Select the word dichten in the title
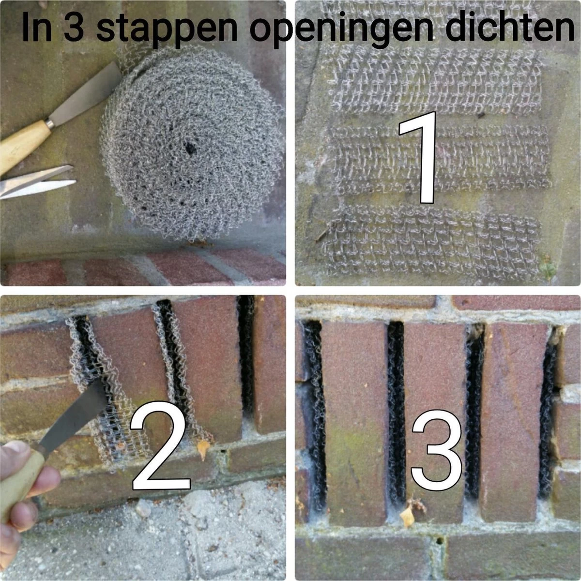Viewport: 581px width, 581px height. pyautogui.click(x=509, y=28)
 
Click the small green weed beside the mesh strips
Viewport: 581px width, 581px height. pyautogui.click(x=548, y=269)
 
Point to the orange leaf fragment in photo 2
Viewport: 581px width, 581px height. pyautogui.click(x=204, y=448)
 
